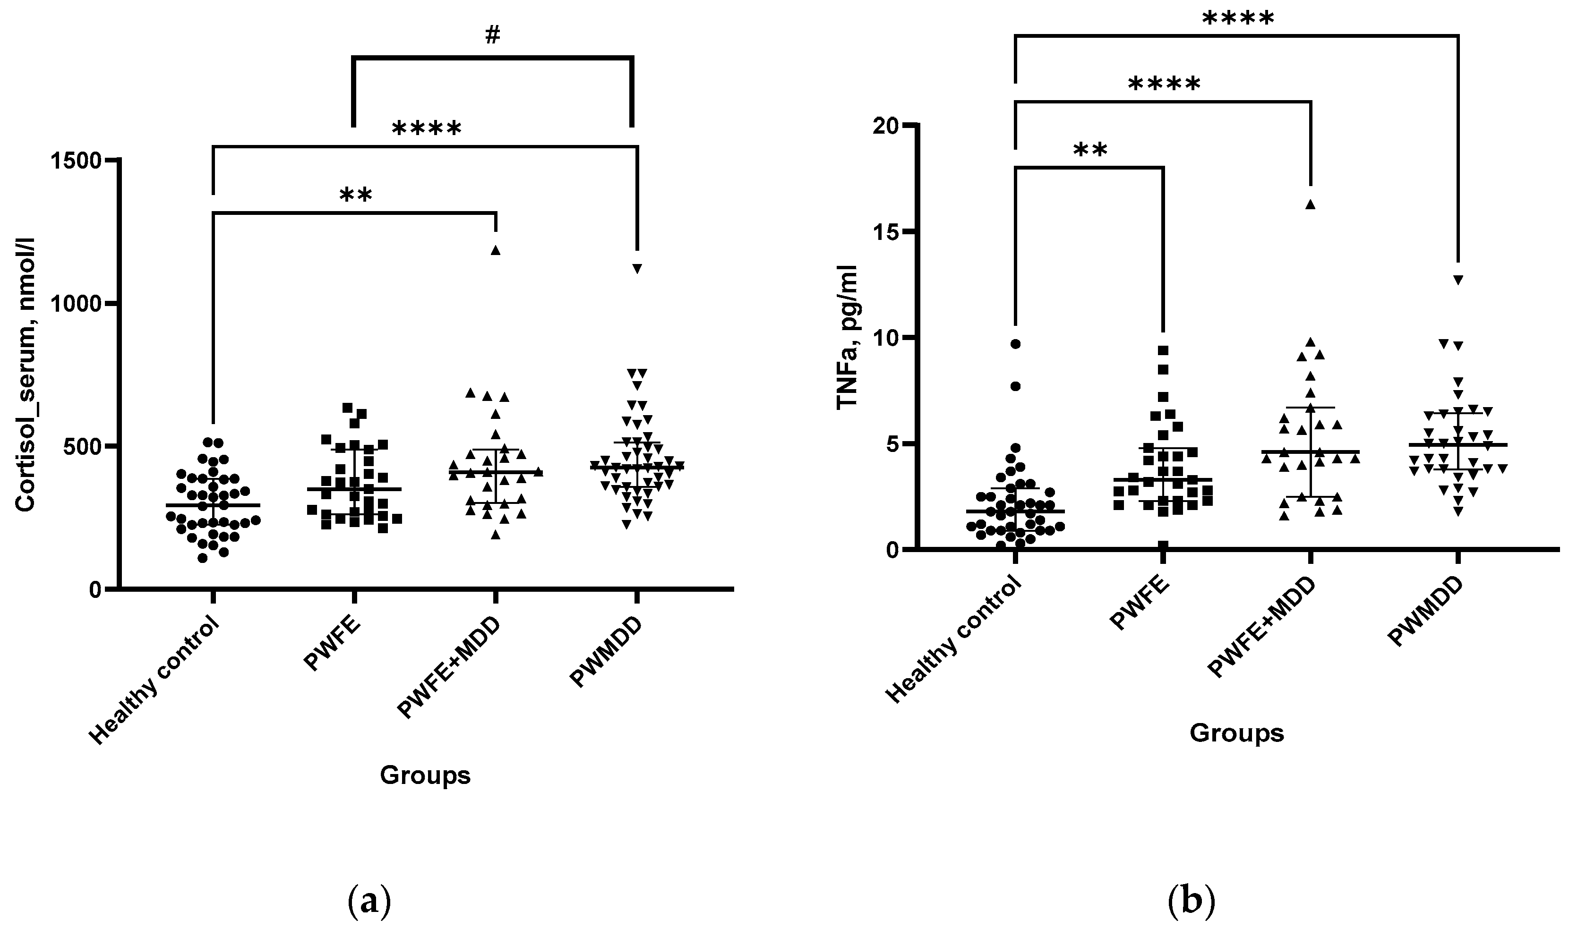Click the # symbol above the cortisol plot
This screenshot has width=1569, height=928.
pos(492,36)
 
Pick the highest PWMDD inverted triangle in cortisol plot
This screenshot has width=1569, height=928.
pos(637,269)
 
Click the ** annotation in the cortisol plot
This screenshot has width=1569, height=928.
pos(355,196)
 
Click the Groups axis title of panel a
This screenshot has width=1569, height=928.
pos(425,775)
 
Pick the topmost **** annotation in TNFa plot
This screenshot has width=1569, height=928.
pos(1237,19)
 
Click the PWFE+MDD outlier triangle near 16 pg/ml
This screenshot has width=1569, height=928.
pos(1311,204)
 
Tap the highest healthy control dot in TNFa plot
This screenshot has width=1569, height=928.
pos(1015,344)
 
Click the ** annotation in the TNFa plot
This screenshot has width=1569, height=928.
pos(1090,150)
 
